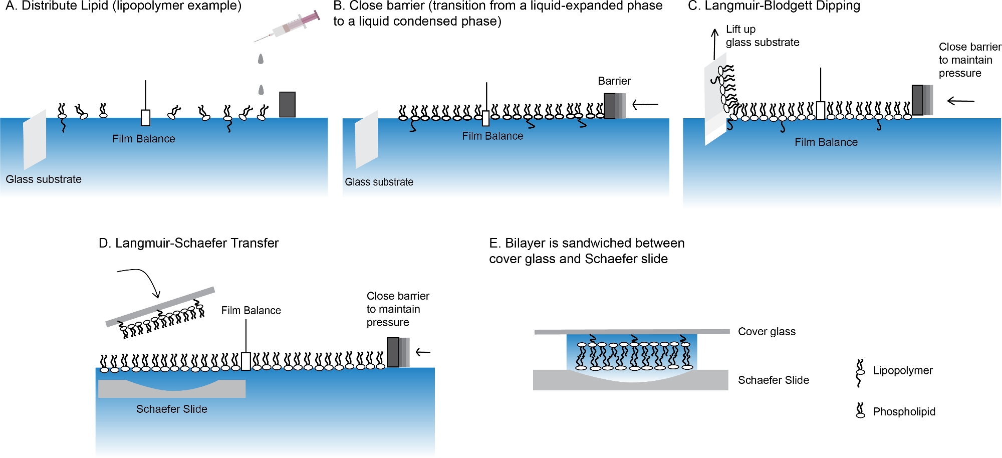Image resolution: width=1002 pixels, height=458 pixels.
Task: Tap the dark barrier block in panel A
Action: click(287, 104)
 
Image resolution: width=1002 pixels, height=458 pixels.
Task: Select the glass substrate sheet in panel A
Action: click(35, 140)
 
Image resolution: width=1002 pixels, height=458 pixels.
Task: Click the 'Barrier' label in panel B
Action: click(614, 81)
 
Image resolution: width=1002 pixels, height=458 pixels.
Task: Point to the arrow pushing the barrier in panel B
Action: click(645, 104)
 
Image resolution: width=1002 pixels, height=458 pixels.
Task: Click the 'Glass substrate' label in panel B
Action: click(379, 182)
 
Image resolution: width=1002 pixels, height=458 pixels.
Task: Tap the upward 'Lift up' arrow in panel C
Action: click(715, 44)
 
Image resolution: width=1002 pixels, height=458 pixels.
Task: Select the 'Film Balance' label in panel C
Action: click(826, 142)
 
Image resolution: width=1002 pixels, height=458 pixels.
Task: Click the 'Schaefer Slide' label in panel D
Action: click(172, 409)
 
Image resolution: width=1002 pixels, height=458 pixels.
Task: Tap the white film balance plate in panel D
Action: click(246, 361)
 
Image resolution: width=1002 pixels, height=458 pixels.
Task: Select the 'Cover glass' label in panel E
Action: click(767, 331)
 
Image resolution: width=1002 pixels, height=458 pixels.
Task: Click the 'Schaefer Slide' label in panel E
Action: click(774, 380)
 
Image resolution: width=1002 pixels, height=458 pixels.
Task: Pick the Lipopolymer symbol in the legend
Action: click(860, 373)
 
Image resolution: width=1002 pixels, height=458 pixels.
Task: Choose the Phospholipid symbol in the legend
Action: click(861, 410)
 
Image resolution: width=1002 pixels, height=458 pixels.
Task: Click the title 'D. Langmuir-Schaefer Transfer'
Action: click(188, 243)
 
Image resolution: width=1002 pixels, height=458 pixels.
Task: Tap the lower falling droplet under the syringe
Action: click(261, 90)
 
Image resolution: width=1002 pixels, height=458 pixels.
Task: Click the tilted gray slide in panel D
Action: click(160, 307)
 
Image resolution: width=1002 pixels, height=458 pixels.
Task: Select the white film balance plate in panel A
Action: click(146, 118)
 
